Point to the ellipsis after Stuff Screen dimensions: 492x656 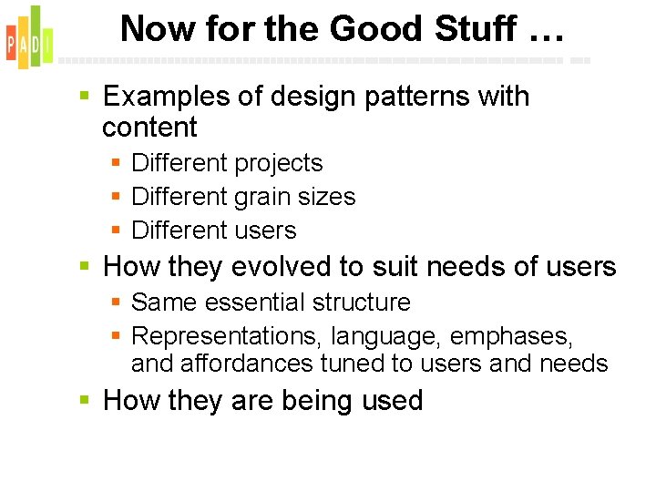(x=544, y=35)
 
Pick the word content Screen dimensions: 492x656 (x=149, y=127)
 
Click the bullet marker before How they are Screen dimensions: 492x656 (x=85, y=400)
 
